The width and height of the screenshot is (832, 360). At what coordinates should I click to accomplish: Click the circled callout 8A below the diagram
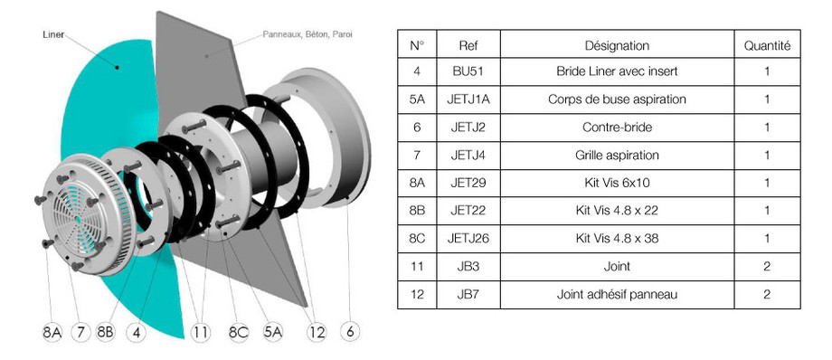[52, 332]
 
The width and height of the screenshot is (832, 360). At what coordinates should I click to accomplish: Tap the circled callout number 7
[80, 332]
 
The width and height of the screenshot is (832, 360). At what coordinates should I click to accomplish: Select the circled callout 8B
[106, 332]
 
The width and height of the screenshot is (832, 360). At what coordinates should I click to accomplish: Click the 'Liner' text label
[53, 35]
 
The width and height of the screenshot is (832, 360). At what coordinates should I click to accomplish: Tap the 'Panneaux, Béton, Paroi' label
[307, 34]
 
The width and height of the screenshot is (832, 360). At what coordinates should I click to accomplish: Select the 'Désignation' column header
[617, 45]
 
